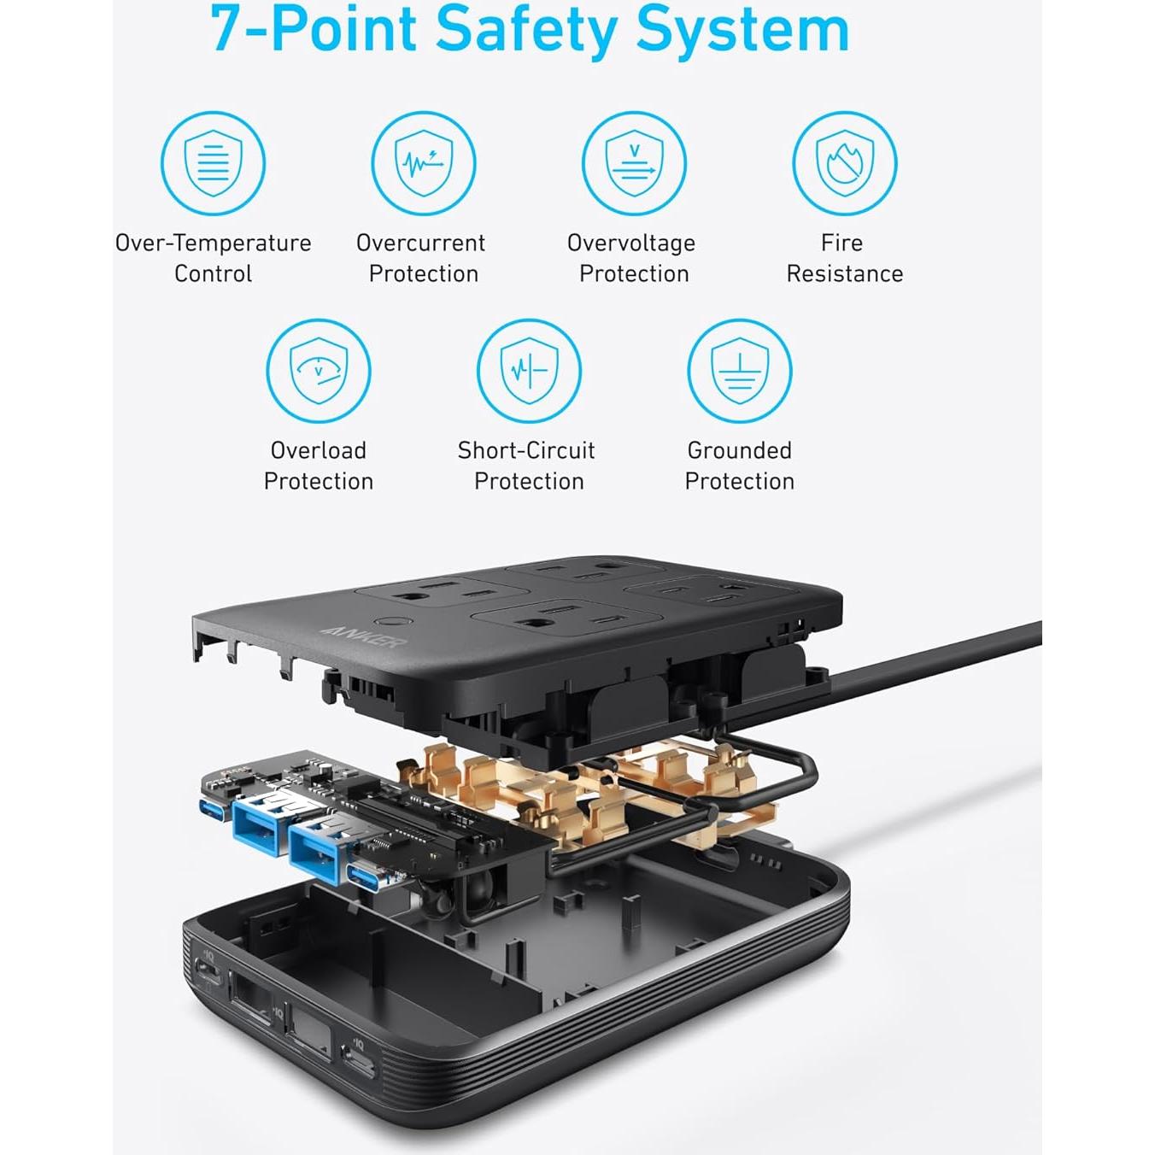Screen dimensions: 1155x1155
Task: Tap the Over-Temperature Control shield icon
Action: (x=213, y=163)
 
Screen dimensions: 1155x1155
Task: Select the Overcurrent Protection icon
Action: (x=423, y=163)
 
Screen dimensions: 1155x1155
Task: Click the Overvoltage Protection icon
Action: (x=634, y=163)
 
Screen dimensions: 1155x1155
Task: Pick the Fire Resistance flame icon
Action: (x=844, y=163)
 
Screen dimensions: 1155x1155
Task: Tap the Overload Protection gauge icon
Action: (x=318, y=371)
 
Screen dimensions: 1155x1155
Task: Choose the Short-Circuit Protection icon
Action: (x=529, y=371)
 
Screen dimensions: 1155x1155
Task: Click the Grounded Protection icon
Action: (x=739, y=371)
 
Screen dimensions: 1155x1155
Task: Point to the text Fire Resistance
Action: (x=844, y=258)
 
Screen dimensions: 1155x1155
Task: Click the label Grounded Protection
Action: (x=739, y=466)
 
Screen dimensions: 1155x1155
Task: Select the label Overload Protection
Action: (x=318, y=466)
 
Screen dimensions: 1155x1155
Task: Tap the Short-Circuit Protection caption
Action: (x=528, y=466)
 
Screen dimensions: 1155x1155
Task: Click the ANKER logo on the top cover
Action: (x=362, y=636)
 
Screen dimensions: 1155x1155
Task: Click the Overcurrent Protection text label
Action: (x=422, y=258)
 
